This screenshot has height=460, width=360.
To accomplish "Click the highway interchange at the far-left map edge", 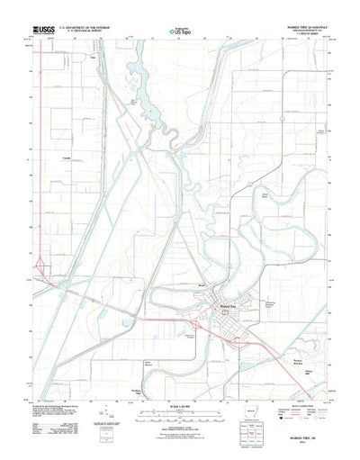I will coord(40,266).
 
